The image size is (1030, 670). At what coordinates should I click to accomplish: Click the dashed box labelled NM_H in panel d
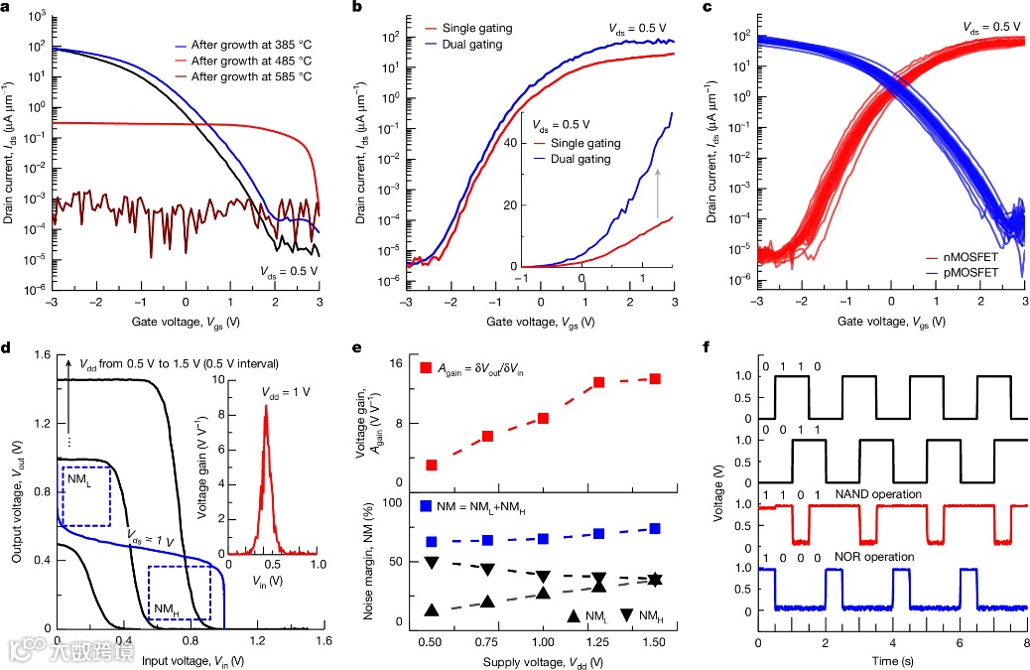click(x=179, y=593)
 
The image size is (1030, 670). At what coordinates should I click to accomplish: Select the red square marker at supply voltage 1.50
click(x=656, y=378)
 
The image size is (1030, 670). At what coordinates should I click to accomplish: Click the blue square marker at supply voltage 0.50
click(x=431, y=541)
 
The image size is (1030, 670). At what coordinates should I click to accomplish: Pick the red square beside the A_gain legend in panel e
click(x=426, y=368)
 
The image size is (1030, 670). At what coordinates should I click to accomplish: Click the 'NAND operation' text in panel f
click(x=871, y=493)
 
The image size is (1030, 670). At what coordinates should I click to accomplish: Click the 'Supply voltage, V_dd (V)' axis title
click(x=541, y=660)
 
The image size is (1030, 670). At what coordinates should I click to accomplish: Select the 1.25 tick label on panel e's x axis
click(x=598, y=642)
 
